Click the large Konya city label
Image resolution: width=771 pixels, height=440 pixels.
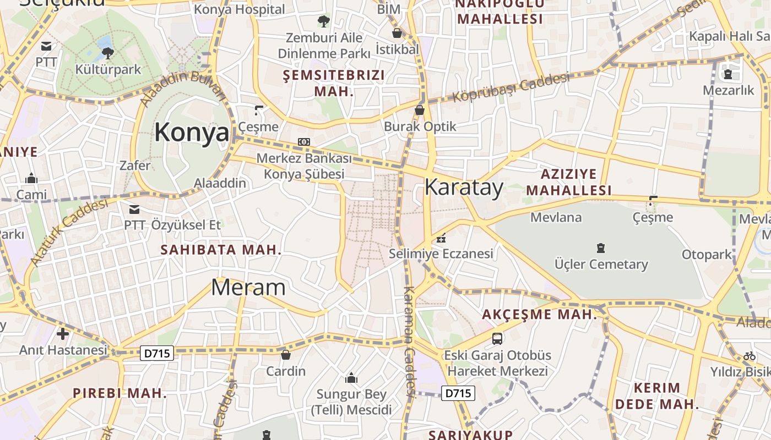click(191, 133)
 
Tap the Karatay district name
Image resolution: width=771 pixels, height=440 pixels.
click(464, 188)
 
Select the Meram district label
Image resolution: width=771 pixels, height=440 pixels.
click(248, 287)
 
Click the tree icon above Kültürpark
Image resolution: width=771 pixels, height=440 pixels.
click(108, 53)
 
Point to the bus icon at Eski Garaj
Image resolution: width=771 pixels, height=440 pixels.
click(497, 338)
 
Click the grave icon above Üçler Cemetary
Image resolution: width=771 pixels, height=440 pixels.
click(601, 248)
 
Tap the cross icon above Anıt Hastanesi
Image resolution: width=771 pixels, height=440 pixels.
click(63, 333)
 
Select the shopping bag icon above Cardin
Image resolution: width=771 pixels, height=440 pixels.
click(285, 355)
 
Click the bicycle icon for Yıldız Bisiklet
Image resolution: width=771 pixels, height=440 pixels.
click(749, 356)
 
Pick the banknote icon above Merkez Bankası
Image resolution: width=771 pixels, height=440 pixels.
click(304, 142)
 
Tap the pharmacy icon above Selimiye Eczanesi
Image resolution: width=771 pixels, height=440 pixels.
click(441, 239)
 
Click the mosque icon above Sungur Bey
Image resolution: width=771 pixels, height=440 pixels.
click(351, 378)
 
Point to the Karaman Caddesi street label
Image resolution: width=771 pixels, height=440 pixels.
click(409, 341)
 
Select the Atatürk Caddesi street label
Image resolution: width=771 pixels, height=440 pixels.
click(69, 232)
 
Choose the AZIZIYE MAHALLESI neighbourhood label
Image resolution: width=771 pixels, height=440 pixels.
click(569, 183)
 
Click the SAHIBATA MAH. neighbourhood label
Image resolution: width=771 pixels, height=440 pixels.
click(221, 250)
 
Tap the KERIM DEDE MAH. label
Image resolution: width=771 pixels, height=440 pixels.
click(656, 396)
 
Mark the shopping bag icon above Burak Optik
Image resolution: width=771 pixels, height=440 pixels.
click(420, 110)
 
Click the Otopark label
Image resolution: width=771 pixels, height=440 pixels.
click(707, 255)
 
